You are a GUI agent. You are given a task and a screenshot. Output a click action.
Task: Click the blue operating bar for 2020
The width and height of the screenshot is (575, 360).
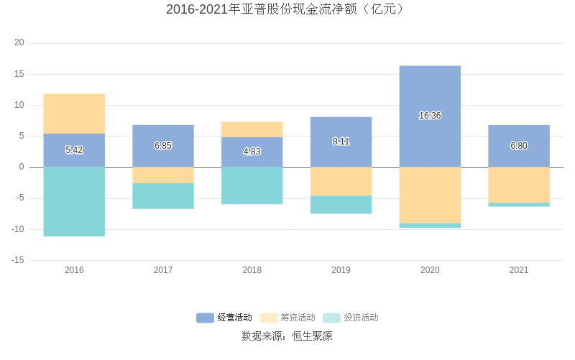[430, 93]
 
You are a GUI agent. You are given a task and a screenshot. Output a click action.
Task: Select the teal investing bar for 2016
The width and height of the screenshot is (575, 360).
[74, 201]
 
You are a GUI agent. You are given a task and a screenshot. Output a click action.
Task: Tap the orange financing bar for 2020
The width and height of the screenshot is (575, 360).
[430, 195]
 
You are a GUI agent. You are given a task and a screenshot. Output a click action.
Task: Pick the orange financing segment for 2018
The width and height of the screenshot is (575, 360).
[252, 129]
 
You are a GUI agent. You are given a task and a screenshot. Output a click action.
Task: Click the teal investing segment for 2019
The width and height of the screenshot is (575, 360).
[341, 205]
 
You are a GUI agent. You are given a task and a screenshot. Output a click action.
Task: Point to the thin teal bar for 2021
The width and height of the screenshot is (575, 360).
[519, 205]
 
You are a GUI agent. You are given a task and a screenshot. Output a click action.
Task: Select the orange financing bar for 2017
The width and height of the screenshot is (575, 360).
[163, 175]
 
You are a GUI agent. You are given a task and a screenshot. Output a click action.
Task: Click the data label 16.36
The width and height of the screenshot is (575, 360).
[430, 116]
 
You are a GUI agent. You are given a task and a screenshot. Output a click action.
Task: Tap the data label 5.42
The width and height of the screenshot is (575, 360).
[74, 150]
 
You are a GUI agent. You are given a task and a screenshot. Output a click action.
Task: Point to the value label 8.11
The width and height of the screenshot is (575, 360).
[341, 142]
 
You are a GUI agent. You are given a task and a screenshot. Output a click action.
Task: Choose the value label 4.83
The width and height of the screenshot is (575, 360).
[252, 152]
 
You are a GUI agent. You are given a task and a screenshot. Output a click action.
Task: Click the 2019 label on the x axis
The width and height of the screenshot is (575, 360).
[341, 270]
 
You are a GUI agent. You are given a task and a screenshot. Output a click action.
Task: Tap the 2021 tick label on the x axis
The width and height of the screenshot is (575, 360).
[519, 270]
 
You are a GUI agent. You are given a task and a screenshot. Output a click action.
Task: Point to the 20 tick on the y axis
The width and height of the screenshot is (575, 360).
[19, 43]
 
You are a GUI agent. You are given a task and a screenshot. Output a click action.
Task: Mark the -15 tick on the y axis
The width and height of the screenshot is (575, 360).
[18, 260]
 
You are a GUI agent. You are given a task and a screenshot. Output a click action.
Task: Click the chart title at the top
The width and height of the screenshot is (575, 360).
[287, 9]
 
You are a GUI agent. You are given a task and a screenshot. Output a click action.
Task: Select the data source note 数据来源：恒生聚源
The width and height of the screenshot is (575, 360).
[287, 336]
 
